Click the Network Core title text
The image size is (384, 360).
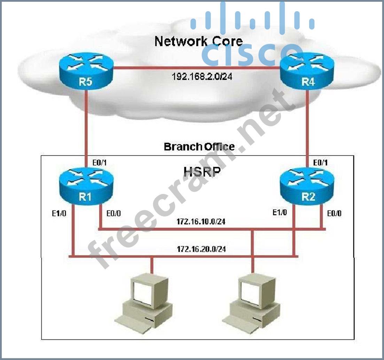(x=198, y=41)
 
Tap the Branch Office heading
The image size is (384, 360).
(x=199, y=146)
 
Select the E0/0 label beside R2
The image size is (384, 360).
(x=334, y=213)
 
